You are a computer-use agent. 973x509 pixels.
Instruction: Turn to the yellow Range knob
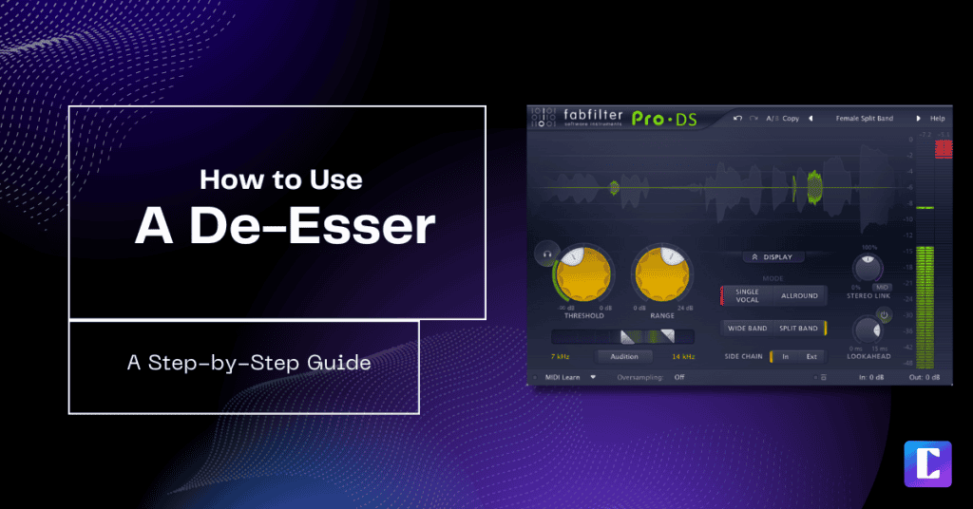click(662, 276)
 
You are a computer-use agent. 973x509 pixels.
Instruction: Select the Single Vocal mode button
click(748, 295)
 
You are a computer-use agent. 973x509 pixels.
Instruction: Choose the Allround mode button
click(799, 295)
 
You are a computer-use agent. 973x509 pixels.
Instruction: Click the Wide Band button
click(747, 329)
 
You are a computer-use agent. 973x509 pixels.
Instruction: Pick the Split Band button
click(798, 329)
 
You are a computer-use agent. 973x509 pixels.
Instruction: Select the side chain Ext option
click(811, 356)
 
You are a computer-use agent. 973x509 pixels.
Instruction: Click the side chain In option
click(785, 356)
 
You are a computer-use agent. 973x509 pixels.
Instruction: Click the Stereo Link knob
click(868, 269)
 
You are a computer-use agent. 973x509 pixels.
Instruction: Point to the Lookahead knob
click(867, 330)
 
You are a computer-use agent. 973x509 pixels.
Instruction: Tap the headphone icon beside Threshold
click(546, 254)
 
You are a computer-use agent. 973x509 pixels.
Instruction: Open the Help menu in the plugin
click(937, 119)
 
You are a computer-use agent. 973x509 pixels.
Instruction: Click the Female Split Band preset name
click(864, 119)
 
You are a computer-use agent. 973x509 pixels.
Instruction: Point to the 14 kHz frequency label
click(683, 356)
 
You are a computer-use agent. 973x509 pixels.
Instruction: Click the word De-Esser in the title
click(285, 226)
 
